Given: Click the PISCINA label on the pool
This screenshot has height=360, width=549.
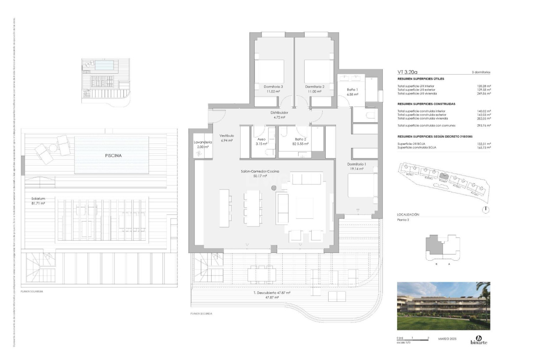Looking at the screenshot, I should (111, 156).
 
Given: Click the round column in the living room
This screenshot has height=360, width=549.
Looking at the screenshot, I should (274, 188).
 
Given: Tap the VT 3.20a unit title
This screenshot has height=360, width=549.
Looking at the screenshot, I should (408, 72).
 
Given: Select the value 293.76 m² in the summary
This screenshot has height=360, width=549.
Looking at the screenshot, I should (484, 125).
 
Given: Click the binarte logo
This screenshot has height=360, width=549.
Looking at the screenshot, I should (479, 340).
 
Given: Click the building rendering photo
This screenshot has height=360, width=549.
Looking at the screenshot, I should (443, 306).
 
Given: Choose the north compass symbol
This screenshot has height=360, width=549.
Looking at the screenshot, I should (487, 209).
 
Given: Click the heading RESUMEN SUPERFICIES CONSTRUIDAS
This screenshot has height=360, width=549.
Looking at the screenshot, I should (426, 103).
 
